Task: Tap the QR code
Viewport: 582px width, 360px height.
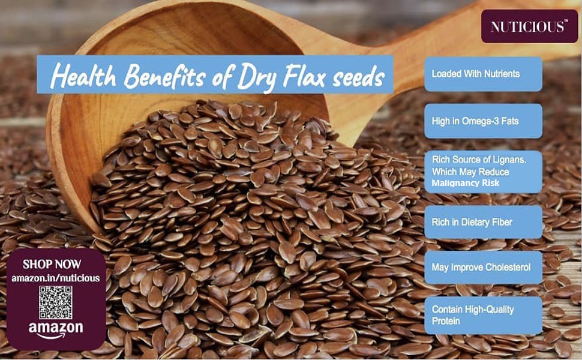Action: pos(56,302)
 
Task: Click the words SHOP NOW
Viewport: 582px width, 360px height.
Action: pos(52,264)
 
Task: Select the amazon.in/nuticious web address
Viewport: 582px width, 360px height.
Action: pos(56,278)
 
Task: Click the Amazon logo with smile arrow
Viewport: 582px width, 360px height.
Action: pos(56,329)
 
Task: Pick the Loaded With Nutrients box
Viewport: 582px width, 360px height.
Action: pos(483,74)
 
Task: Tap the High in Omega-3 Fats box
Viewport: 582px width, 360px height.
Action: pos(483,121)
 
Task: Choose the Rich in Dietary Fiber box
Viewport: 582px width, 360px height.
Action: pos(483,222)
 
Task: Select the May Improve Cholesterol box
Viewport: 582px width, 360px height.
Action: pos(483,267)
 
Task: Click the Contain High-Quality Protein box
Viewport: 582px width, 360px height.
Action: pos(483,315)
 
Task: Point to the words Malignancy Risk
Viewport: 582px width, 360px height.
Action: pos(465,183)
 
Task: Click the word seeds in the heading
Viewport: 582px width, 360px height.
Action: pos(354,77)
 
